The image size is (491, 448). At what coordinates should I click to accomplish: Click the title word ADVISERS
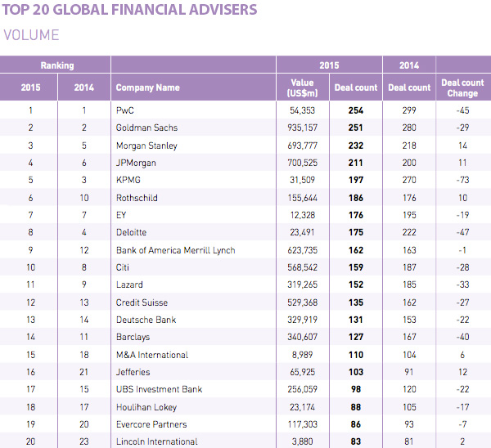pos(216,11)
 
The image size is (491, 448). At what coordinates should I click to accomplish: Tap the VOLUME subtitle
pos(32,35)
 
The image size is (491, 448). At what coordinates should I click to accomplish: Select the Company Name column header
pos(148,87)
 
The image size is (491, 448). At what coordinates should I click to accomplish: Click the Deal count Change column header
pos(462,87)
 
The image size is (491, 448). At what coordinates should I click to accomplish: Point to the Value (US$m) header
pos(302,87)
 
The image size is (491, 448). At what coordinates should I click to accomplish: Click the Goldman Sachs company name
pos(146,128)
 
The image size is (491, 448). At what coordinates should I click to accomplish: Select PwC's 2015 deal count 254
pos(355,110)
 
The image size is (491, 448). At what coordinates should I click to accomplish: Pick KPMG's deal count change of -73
pos(462,180)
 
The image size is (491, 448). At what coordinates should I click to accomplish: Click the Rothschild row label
pos(137,198)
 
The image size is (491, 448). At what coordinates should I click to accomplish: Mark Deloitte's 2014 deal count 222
pos(408,232)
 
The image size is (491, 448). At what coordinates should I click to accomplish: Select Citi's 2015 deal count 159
pos(355,267)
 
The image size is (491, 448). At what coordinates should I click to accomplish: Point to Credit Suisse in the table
pos(141,302)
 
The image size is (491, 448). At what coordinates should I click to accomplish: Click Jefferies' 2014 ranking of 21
pos(84,372)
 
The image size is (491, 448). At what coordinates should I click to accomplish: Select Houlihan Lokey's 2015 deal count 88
pos(355,407)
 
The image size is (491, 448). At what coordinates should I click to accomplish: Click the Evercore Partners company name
pos(152,424)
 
